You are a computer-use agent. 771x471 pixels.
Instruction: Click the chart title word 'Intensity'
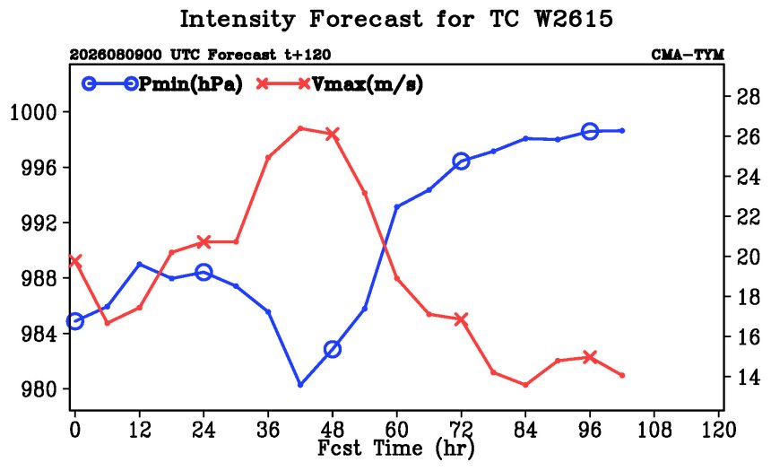click(x=237, y=19)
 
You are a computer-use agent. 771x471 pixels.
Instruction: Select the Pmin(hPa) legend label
click(x=191, y=84)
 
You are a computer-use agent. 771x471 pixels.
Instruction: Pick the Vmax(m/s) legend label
click(x=368, y=84)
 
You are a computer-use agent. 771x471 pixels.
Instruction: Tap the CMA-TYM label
click(x=688, y=54)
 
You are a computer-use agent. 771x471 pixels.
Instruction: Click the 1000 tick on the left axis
click(x=33, y=113)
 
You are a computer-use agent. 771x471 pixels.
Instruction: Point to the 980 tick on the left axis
click(x=39, y=389)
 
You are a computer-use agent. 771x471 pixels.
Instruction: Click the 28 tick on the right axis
click(x=748, y=97)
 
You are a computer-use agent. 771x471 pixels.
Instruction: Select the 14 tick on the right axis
click(x=748, y=377)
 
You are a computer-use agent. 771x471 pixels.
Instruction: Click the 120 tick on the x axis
click(x=718, y=430)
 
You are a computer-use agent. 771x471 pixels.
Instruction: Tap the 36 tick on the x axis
click(x=268, y=430)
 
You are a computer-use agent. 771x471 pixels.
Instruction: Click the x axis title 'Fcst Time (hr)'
click(x=396, y=449)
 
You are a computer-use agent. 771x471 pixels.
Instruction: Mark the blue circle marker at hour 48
click(x=333, y=349)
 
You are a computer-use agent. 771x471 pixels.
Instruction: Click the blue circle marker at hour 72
click(x=461, y=161)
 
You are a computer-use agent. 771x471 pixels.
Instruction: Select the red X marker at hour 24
click(x=204, y=241)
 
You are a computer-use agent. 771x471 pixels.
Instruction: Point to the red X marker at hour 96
click(x=590, y=357)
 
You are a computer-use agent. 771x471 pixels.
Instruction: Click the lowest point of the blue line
click(x=300, y=385)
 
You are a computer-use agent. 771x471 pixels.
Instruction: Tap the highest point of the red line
click(x=300, y=128)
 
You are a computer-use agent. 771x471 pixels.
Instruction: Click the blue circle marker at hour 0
click(x=74, y=321)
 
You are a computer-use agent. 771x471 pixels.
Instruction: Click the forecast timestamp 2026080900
click(x=115, y=54)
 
